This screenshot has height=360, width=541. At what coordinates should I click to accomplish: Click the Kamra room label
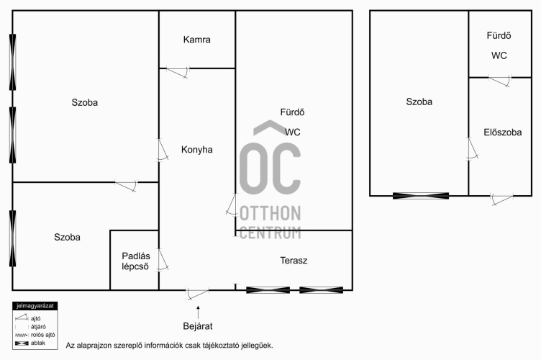(x=196, y=40)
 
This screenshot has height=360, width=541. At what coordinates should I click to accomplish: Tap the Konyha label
(x=196, y=150)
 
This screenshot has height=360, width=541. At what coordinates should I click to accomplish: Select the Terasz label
(x=294, y=261)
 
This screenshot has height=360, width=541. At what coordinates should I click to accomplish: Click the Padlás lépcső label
(x=135, y=261)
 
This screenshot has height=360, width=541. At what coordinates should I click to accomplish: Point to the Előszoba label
(x=502, y=132)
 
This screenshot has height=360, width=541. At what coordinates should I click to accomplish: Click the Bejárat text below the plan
(x=198, y=326)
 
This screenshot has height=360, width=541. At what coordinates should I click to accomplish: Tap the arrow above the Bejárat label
(x=198, y=312)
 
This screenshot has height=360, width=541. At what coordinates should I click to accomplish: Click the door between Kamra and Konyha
(x=178, y=73)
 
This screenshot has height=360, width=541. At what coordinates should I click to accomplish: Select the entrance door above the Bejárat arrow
(x=197, y=294)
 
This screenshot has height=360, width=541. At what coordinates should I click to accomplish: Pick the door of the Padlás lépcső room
(x=163, y=259)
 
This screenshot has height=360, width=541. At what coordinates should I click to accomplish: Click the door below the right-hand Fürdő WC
(x=500, y=81)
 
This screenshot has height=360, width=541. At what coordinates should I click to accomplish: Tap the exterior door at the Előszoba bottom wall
(x=502, y=199)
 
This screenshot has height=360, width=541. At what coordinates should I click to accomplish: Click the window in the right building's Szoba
(x=421, y=196)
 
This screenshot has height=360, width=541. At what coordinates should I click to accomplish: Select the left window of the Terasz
(x=268, y=290)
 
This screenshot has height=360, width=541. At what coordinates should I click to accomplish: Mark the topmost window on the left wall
(x=13, y=62)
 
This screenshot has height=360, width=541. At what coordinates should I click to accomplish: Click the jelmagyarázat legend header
(x=35, y=306)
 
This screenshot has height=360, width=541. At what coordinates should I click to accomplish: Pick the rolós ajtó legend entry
(x=35, y=335)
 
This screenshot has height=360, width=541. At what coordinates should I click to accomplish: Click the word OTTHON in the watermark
(x=270, y=213)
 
